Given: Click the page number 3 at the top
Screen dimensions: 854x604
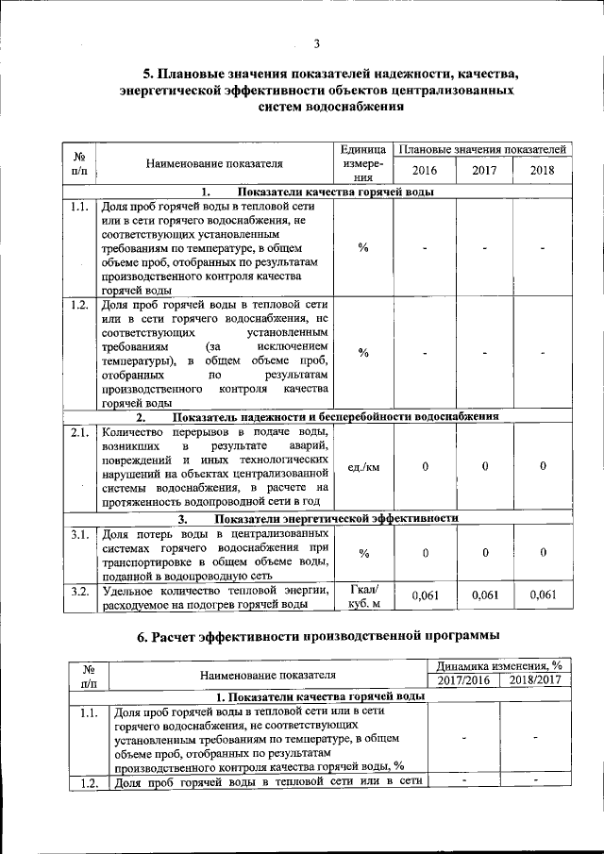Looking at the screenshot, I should click(x=317, y=43).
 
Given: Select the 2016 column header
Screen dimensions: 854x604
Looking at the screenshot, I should click(x=425, y=170).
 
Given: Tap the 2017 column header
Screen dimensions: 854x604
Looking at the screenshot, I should click(x=484, y=170).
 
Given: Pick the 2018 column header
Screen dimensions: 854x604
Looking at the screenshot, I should click(x=543, y=170).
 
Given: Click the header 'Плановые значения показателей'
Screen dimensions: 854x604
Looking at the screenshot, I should click(x=482, y=149).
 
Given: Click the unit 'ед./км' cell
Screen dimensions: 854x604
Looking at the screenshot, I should click(x=363, y=467).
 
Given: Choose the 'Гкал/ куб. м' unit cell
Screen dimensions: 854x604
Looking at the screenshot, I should click(x=363, y=596).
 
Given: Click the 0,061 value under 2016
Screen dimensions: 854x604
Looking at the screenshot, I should click(x=425, y=594).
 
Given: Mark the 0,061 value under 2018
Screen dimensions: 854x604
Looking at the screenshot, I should click(x=543, y=594).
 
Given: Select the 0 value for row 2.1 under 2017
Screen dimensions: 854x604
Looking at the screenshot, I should click(x=484, y=467).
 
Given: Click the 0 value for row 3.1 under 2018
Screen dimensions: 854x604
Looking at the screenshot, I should click(x=543, y=552).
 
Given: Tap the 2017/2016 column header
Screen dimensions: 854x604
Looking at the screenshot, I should click(x=463, y=680).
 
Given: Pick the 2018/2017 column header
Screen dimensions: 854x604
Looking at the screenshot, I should click(x=535, y=680).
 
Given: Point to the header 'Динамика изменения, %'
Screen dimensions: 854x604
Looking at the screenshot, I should click(x=499, y=664).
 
